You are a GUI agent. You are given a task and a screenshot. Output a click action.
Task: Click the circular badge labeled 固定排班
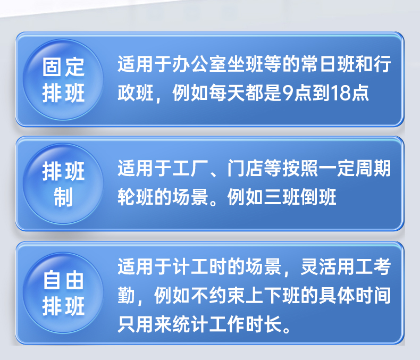click(63, 80)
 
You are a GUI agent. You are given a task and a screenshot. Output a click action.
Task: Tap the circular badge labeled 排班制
click(63, 184)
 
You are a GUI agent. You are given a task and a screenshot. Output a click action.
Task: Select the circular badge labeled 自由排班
click(63, 293)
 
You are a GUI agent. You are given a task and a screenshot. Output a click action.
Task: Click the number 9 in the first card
click(288, 93)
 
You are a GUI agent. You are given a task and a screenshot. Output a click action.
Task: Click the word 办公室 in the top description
click(199, 64)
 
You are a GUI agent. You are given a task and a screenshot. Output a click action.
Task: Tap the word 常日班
click(327, 64)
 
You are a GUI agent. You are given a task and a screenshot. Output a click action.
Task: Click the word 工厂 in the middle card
click(190, 169)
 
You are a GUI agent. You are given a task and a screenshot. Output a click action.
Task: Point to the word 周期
click(373, 169)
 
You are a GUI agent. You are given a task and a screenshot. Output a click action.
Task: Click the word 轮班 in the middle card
click(136, 197)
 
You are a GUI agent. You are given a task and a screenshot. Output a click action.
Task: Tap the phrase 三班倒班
click(300, 197)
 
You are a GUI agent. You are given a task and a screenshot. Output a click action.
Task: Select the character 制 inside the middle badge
click(63, 197)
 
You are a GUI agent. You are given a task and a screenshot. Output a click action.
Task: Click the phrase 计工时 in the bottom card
click(199, 267)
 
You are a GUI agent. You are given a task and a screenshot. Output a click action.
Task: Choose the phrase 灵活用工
click(337, 267)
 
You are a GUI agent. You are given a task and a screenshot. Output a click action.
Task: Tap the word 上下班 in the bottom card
click(272, 296)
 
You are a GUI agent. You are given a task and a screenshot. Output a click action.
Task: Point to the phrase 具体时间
click(355, 296)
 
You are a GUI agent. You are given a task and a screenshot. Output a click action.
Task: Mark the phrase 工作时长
click(245, 324)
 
